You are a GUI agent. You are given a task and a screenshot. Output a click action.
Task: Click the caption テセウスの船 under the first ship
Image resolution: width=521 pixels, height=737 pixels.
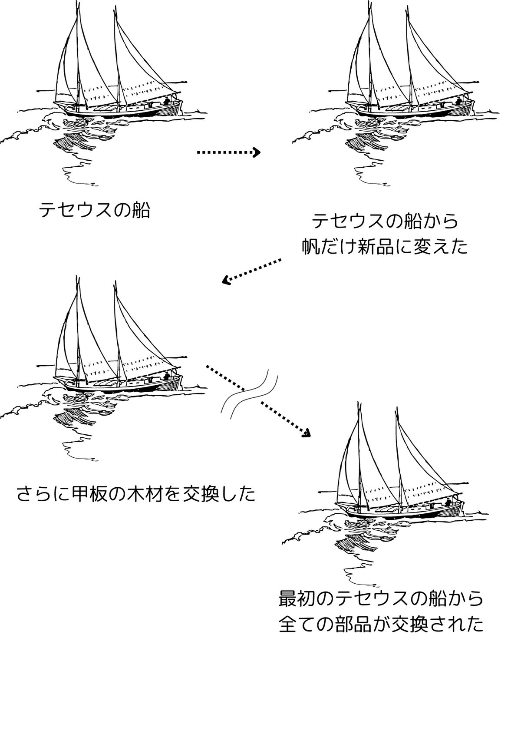95,211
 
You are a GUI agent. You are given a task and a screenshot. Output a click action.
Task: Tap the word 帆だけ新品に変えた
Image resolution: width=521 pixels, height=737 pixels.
385,247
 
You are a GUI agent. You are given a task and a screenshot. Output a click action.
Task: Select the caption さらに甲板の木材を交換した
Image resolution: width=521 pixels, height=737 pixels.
136,494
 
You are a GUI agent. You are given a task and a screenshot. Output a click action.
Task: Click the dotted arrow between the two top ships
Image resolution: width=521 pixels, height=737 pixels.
228,152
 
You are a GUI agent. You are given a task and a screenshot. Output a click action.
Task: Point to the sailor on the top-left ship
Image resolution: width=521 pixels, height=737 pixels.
167,102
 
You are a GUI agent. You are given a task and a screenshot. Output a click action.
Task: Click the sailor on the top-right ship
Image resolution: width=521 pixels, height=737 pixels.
459,102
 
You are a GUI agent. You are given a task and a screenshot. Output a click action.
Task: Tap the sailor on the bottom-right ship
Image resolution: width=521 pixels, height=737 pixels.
448,502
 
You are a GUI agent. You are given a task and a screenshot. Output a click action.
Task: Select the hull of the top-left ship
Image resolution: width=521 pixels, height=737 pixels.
117,110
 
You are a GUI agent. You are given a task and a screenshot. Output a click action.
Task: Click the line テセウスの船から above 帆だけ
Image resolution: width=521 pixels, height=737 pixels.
385,221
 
